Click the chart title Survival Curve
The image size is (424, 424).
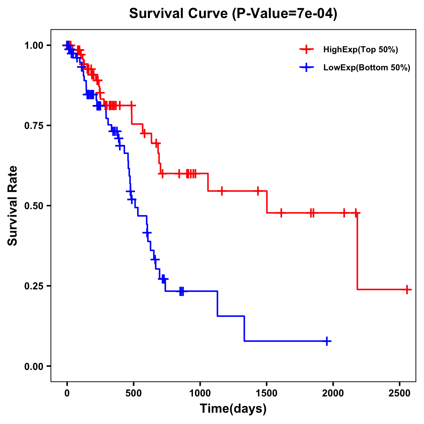(233, 14)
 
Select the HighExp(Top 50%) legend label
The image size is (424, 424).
(360, 50)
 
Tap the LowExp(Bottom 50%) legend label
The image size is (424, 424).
(367, 68)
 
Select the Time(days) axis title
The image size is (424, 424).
(233, 409)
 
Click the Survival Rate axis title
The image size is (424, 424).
(13, 206)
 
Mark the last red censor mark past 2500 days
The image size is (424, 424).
(407, 289)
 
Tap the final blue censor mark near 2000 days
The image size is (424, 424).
(327, 341)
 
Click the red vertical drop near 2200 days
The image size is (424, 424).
(357, 251)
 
